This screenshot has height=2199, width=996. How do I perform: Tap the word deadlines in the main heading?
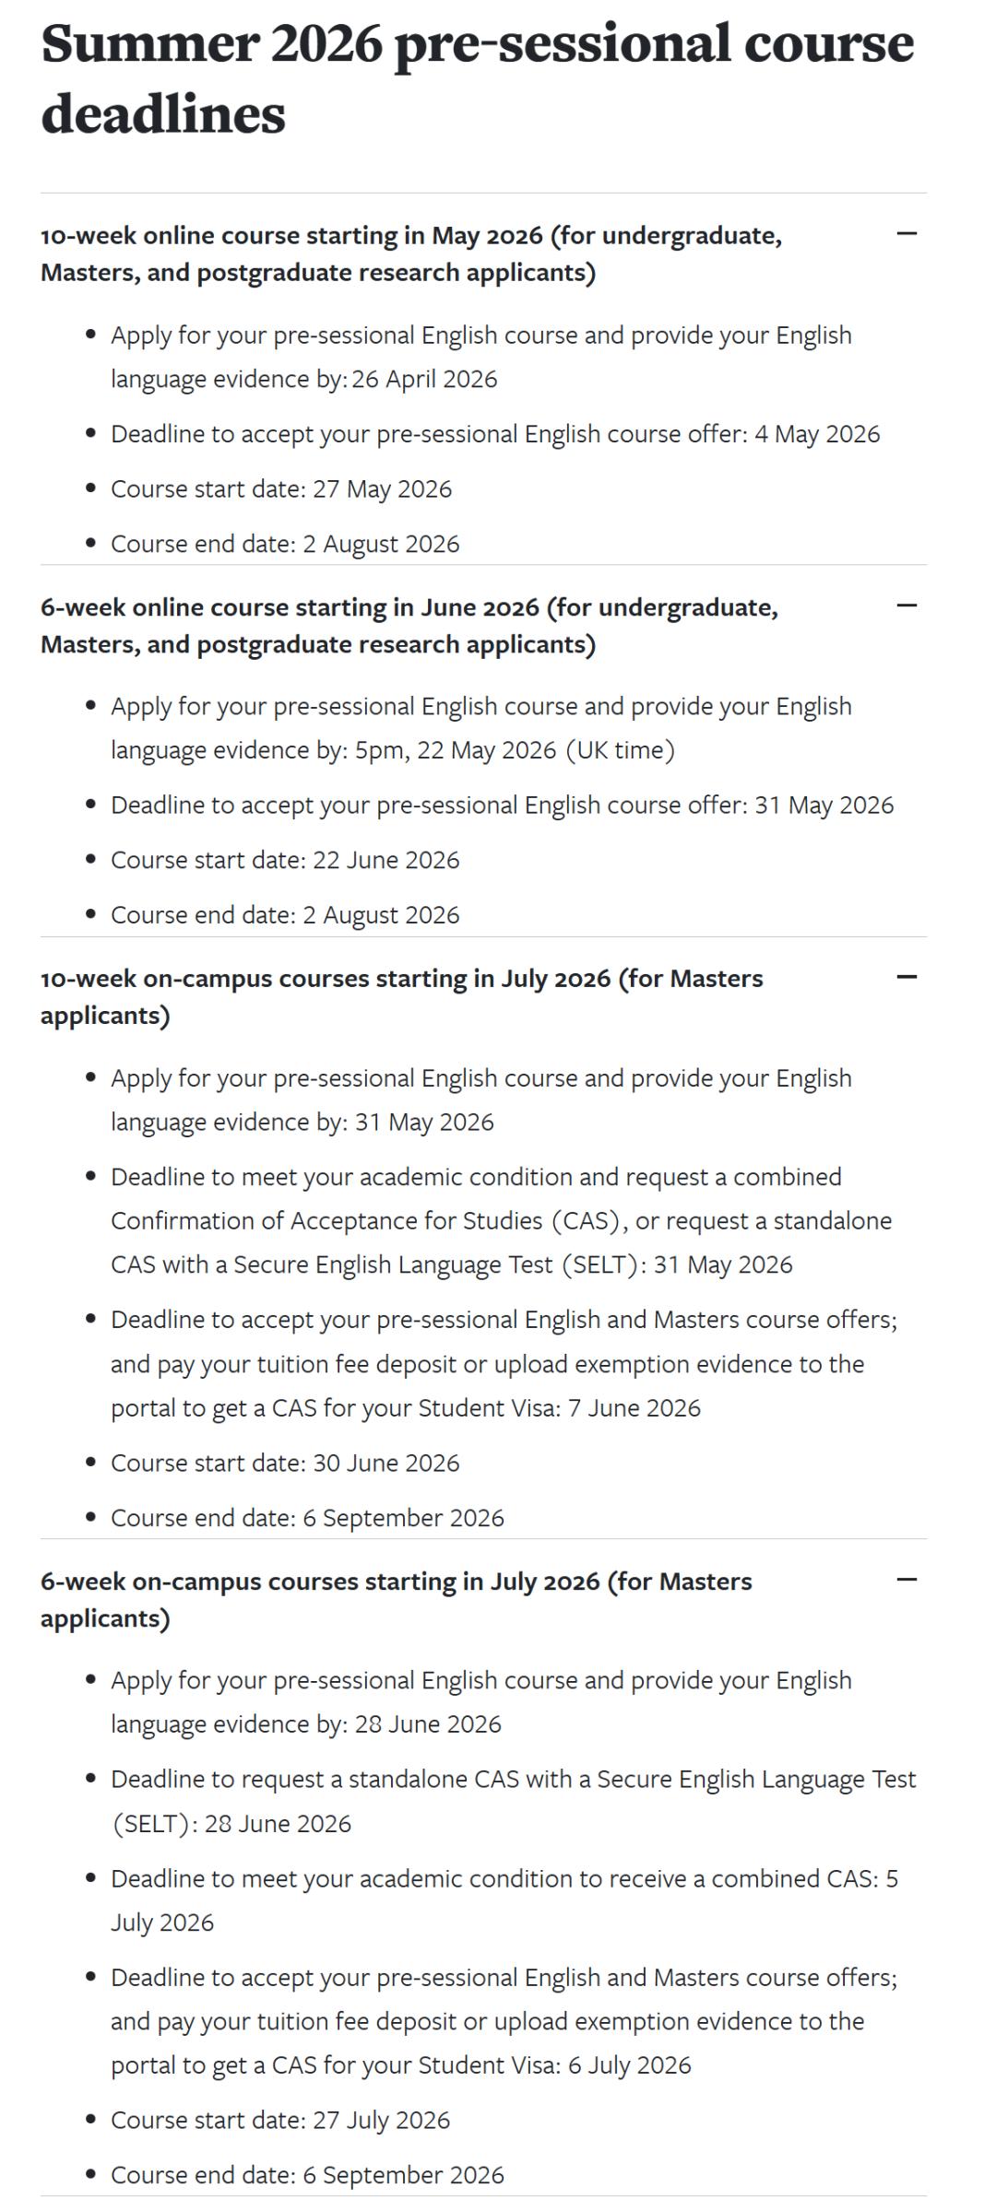click(x=163, y=115)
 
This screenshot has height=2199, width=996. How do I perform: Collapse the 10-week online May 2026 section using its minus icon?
click(x=907, y=234)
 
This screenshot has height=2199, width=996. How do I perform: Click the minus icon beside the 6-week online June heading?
click(x=907, y=606)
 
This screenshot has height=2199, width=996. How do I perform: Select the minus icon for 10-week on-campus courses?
click(x=907, y=977)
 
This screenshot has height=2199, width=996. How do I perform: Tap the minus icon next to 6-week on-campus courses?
click(x=907, y=1580)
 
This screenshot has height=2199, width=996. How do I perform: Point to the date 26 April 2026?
click(x=424, y=379)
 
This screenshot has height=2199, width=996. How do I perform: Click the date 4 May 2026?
click(x=817, y=434)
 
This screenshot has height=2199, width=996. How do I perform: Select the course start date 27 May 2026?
click(x=383, y=488)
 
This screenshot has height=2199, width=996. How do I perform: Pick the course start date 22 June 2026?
click(x=386, y=860)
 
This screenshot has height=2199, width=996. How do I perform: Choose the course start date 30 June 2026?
click(x=386, y=1463)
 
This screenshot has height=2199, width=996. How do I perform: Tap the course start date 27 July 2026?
click(x=382, y=2120)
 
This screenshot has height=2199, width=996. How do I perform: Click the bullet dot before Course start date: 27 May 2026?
click(x=90, y=488)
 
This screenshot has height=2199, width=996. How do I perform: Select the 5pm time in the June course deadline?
click(x=380, y=750)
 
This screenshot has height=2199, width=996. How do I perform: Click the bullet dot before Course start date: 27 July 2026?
click(x=90, y=2120)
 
